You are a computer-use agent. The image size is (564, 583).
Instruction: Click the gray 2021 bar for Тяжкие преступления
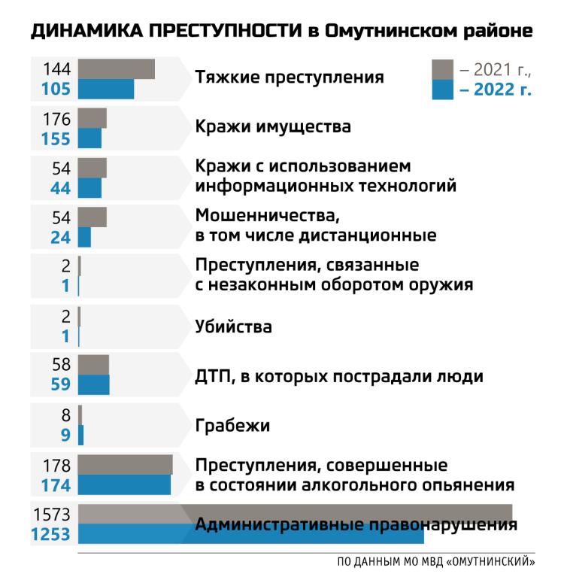click(x=116, y=69)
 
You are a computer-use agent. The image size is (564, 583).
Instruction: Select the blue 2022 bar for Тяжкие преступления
click(x=106, y=89)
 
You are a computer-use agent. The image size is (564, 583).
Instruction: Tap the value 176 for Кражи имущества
click(x=57, y=119)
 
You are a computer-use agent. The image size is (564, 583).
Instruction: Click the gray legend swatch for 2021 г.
click(x=442, y=70)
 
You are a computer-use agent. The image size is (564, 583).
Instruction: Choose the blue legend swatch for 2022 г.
click(x=442, y=90)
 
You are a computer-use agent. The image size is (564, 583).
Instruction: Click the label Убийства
click(x=233, y=327)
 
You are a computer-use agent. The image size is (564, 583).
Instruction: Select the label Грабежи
click(x=232, y=426)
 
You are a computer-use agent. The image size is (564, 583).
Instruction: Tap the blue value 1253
click(x=50, y=535)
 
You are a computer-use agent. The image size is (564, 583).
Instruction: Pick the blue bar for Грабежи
click(x=80, y=436)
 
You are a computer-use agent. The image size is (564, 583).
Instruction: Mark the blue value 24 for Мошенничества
click(x=60, y=237)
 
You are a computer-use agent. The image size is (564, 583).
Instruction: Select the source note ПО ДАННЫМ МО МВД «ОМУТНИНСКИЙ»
click(x=435, y=561)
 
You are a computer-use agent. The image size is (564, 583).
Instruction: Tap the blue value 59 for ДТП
click(x=60, y=385)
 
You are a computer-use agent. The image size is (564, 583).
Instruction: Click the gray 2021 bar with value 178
click(x=125, y=464)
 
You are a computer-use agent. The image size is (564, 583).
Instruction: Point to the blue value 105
click(x=55, y=90)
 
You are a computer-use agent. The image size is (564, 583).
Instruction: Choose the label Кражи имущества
click(x=273, y=126)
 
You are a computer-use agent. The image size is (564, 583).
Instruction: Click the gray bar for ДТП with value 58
click(x=93, y=365)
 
